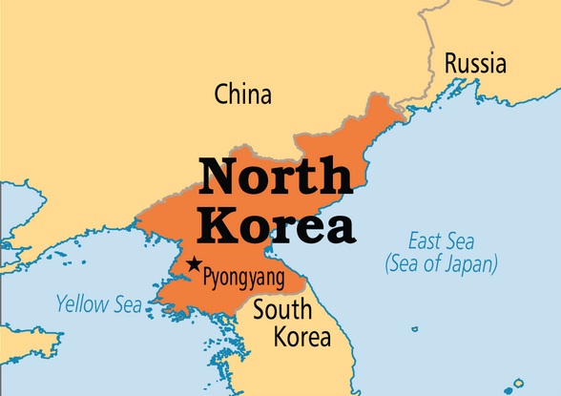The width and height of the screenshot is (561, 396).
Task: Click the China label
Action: point(243,94)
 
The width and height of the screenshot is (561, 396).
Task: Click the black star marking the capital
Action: point(195,264)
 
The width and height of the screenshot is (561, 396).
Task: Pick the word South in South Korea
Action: point(283,311)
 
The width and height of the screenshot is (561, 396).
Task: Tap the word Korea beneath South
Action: point(301,337)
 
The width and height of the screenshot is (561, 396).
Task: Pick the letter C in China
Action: point(222,94)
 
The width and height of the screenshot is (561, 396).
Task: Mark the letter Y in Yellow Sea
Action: point(61,305)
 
